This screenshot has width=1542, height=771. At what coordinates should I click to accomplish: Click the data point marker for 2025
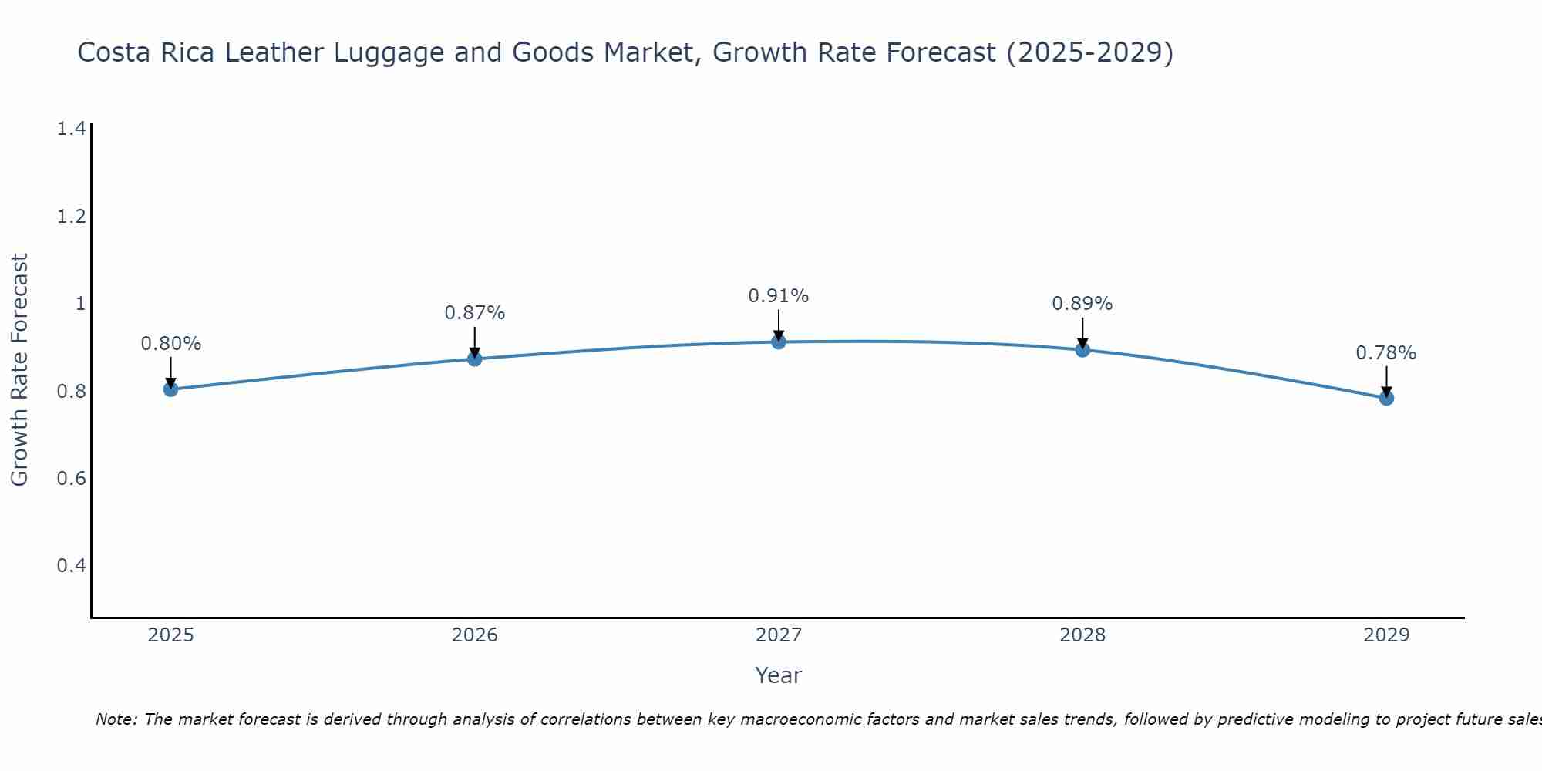(171, 389)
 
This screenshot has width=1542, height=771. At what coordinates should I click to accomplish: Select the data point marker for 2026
(475, 359)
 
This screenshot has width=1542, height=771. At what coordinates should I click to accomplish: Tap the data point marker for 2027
(779, 342)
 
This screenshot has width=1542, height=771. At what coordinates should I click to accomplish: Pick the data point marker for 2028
(1082, 350)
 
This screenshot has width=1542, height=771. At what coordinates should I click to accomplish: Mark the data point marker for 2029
(1386, 399)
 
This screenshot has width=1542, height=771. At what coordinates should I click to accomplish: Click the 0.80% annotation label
(171, 344)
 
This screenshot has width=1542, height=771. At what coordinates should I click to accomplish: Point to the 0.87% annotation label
(475, 313)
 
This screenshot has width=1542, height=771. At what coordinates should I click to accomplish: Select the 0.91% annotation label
(779, 296)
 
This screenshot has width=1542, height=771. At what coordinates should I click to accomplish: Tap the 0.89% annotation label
(1082, 304)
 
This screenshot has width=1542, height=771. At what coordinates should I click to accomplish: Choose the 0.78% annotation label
(1386, 353)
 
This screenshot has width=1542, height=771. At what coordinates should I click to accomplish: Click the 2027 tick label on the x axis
(779, 635)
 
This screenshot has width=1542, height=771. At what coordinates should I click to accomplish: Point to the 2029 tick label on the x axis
(1386, 635)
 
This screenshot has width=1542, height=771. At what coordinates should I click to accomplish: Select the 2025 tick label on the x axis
(171, 635)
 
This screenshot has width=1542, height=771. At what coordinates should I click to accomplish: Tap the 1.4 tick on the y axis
(71, 129)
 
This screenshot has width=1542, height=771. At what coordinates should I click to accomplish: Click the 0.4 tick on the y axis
(71, 566)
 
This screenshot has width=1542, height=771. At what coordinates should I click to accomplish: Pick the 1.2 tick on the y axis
(71, 217)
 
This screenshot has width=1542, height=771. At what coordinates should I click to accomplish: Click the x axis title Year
(779, 675)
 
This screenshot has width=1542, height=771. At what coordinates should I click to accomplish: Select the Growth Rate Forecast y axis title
(20, 370)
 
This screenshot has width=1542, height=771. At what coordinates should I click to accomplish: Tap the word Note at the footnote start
(116, 719)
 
